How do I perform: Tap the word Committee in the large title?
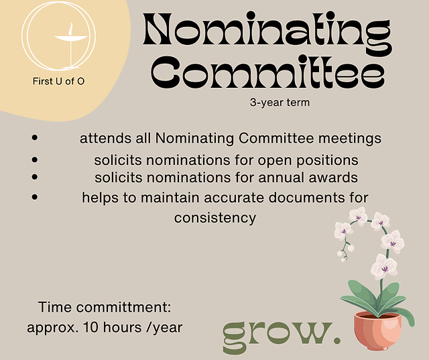[x=268, y=72]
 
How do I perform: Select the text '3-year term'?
[x=280, y=103]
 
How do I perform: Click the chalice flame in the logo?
[x=71, y=29]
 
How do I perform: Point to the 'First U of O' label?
[x=58, y=81]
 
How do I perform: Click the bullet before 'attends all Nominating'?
[x=34, y=137]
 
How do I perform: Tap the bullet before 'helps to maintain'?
[x=34, y=196]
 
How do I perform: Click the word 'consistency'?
[x=215, y=218]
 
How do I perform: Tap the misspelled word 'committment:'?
[x=123, y=307]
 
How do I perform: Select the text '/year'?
[x=164, y=328]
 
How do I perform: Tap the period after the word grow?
[x=336, y=341]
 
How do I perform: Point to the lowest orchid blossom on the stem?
[x=384, y=267]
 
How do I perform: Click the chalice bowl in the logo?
[x=71, y=39]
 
